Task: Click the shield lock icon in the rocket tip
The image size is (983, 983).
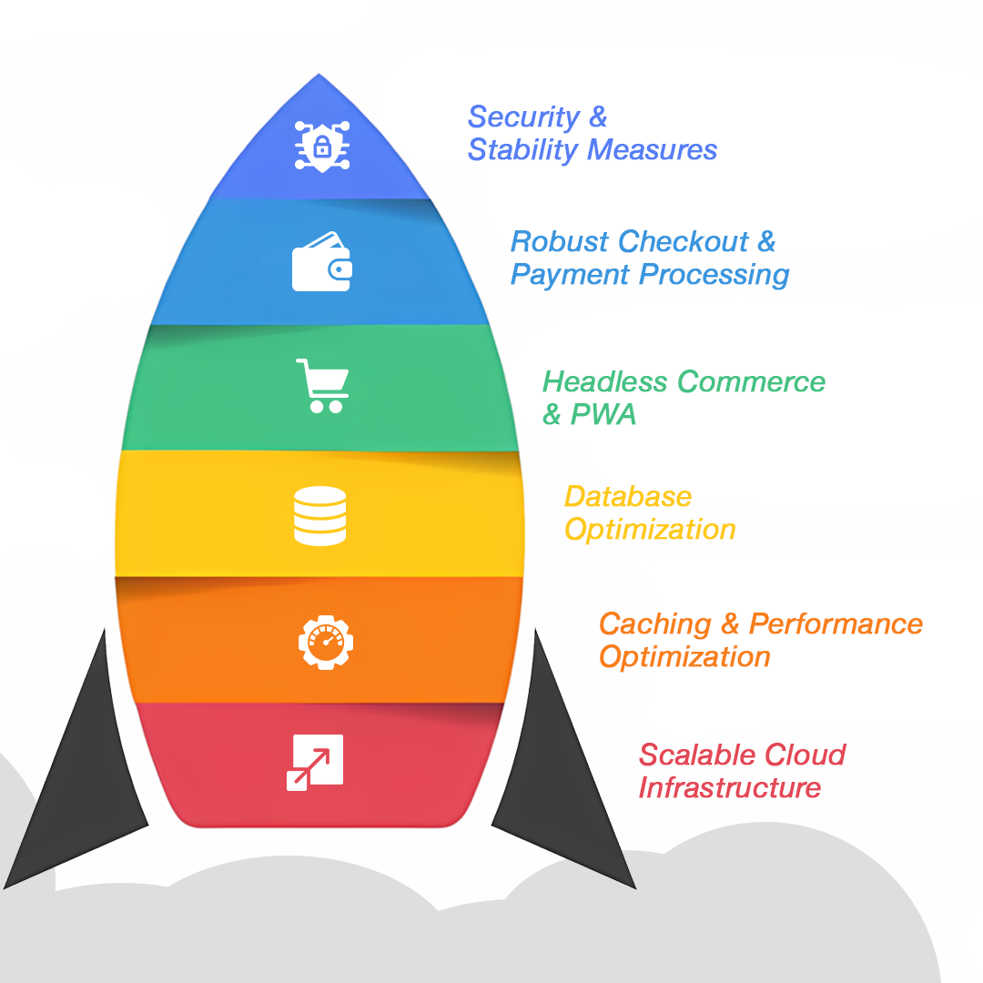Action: (322, 145)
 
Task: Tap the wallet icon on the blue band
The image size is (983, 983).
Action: (322, 262)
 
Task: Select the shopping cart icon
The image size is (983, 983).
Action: (322, 385)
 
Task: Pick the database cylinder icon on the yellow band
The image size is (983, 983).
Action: (320, 516)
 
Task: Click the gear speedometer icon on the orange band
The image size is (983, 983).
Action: (325, 641)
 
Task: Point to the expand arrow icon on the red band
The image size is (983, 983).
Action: (315, 762)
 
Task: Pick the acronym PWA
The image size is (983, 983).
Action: (603, 415)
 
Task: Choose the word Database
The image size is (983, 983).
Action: (628, 497)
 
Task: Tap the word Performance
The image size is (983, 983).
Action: (836, 624)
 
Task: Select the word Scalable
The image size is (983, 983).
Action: (697, 755)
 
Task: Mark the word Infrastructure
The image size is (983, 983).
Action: (730, 787)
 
